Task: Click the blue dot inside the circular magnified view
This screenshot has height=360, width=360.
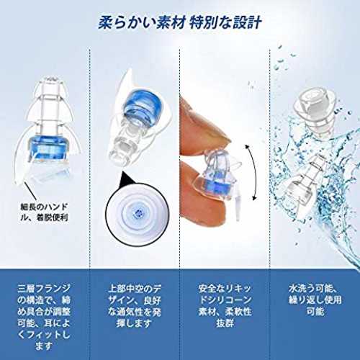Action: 138,212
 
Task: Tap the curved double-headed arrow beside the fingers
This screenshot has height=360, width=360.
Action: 253,172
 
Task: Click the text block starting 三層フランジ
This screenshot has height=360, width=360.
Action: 44,318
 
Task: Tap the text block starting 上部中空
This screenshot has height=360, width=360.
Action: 134,306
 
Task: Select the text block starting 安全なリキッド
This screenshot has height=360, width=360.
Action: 225,306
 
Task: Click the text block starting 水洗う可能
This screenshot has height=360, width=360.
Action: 315,300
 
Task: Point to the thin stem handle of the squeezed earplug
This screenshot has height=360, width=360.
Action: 237,207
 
